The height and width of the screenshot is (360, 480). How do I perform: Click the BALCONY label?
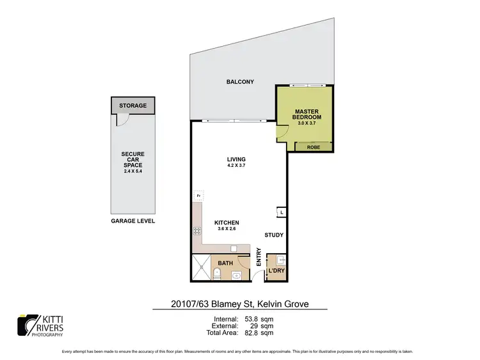(240, 82)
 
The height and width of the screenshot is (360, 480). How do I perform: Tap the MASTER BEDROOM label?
(306, 114)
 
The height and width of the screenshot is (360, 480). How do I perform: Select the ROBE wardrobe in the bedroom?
(314, 146)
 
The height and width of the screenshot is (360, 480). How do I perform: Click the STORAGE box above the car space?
(133, 106)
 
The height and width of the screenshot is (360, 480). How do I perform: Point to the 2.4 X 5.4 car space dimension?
(133, 171)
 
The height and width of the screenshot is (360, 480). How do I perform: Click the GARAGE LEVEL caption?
(133, 221)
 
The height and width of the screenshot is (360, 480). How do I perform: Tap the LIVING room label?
(236, 159)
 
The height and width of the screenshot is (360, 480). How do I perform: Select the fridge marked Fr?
(198, 196)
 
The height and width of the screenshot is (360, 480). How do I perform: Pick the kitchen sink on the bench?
(235, 248)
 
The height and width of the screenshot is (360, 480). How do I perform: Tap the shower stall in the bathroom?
(201, 268)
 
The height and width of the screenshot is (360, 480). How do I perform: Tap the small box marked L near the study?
(281, 212)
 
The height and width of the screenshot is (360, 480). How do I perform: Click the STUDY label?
(274, 235)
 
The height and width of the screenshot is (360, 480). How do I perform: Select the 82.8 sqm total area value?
(257, 333)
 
